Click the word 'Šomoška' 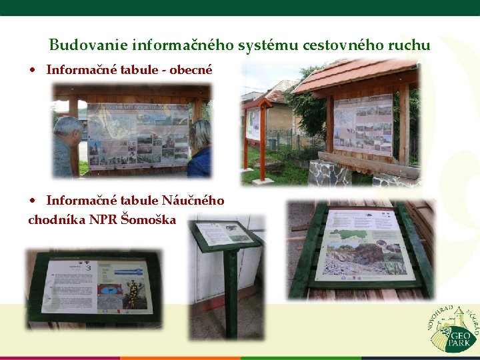pyautogui.click(x=149, y=219)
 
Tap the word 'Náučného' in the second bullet pyautogui.click(x=193, y=200)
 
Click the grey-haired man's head pyautogui.click(x=69, y=129)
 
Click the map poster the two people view pyautogui.click(x=138, y=135)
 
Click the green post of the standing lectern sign pyautogui.click(x=231, y=293)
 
